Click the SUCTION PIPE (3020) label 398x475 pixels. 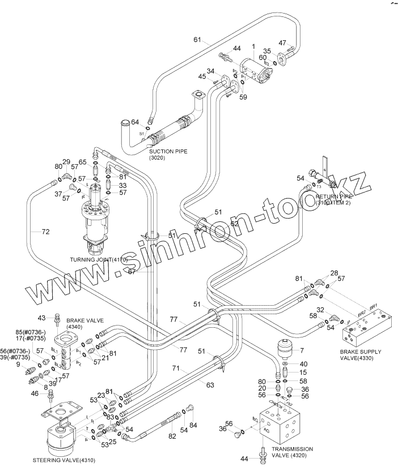pos(168,155)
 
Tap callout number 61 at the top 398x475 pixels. pos(197,40)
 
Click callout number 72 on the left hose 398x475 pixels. pos(45,232)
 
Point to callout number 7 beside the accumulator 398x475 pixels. pos(302,351)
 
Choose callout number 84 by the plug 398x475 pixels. pos(193,425)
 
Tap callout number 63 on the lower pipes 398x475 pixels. pos(210,386)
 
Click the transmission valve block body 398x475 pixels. pos(288,422)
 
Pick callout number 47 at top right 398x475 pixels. pos(282,43)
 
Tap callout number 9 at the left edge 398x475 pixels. pos(18,365)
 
